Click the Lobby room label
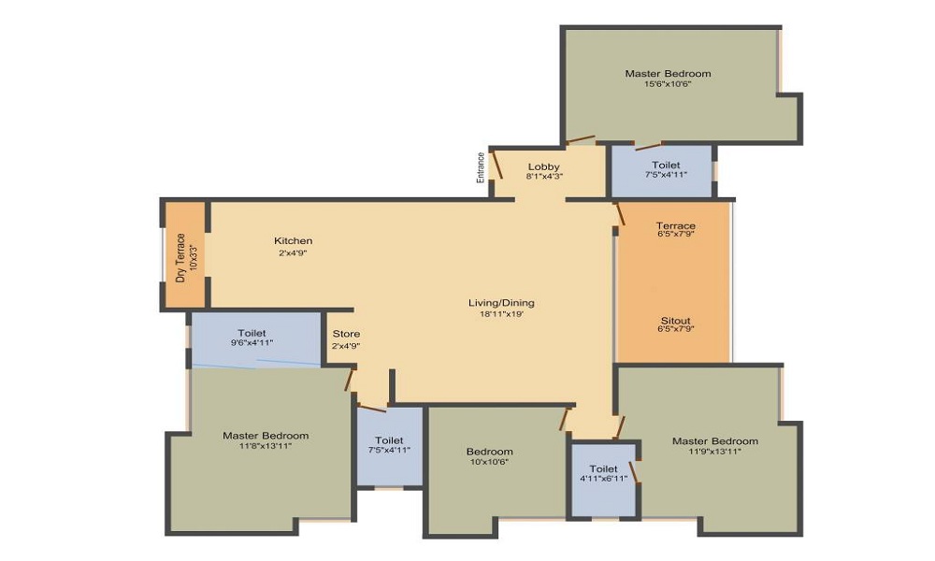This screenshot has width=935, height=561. pos(543,167)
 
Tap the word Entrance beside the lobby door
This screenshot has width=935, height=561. pos(481,167)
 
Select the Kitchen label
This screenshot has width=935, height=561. pos(293,241)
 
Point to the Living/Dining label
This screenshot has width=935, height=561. pos(501,303)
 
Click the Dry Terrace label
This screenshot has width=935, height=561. pos(180,257)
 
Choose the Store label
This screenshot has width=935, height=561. pos(346,334)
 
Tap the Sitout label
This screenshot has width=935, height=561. pos(676,320)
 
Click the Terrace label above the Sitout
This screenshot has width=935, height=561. pos(676,225)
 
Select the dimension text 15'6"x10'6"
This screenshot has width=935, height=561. pos(668,84)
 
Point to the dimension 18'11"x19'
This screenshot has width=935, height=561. pos(501,313)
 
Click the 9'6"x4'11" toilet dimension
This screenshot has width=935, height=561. pos(252,343)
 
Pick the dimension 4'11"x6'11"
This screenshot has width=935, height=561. pos(603,478)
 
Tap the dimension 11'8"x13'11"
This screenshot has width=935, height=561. pos(266,445)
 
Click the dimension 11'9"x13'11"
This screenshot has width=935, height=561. pos(715,452)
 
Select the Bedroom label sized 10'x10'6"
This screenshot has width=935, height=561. pos(490,452)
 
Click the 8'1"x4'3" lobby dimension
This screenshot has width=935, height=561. pos(544,177)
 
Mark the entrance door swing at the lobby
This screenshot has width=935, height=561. pos(496,165)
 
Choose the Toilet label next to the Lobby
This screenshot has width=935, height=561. pos(666,165)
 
